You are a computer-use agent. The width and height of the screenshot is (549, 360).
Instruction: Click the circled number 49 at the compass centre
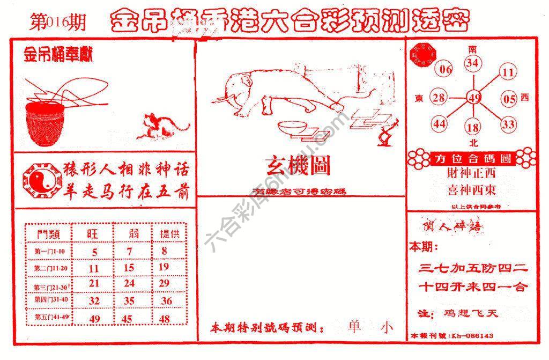click(474, 98)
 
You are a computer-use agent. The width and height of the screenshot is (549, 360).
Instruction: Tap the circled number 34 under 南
click(472, 64)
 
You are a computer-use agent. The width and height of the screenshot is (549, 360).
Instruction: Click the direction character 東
click(420, 98)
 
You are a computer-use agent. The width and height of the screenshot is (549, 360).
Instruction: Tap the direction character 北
click(473, 143)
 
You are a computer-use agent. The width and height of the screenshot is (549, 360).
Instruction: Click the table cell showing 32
click(94, 301)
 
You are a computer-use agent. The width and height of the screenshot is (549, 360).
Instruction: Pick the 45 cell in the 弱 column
click(129, 319)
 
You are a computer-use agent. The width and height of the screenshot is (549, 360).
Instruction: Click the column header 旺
click(94, 234)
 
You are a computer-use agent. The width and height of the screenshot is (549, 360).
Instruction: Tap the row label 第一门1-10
click(49, 251)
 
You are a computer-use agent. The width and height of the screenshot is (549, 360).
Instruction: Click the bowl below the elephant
click(293, 128)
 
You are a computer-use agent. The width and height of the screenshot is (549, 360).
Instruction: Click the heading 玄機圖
click(298, 166)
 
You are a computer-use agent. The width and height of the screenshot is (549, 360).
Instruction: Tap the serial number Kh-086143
click(472, 336)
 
